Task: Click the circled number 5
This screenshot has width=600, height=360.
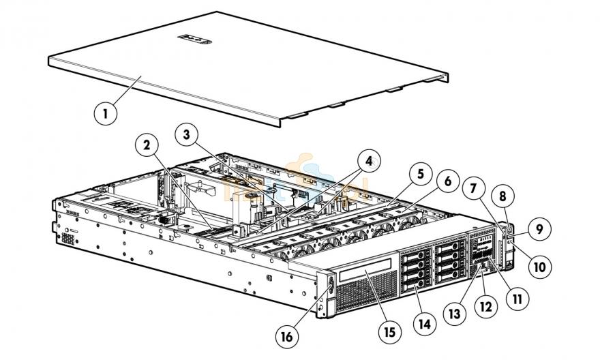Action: tap(420, 174)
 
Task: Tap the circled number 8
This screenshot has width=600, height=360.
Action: tap(502, 196)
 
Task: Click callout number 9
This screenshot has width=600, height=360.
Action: tap(538, 229)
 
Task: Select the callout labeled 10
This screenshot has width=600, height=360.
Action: tap(539, 267)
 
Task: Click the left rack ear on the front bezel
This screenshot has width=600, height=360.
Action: tap(325, 290)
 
